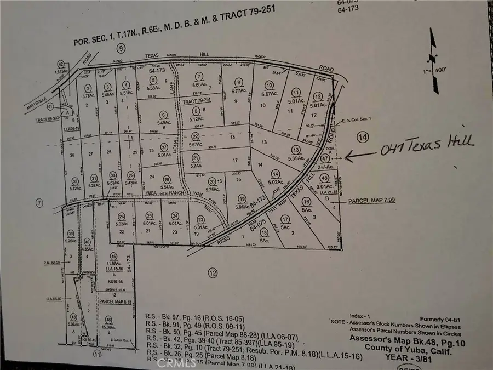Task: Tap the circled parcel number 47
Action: coord(341,158)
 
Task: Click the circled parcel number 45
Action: coord(113,255)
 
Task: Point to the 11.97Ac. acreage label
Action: coord(113,264)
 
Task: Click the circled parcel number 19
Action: coord(242,198)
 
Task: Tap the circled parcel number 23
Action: coord(198,220)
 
